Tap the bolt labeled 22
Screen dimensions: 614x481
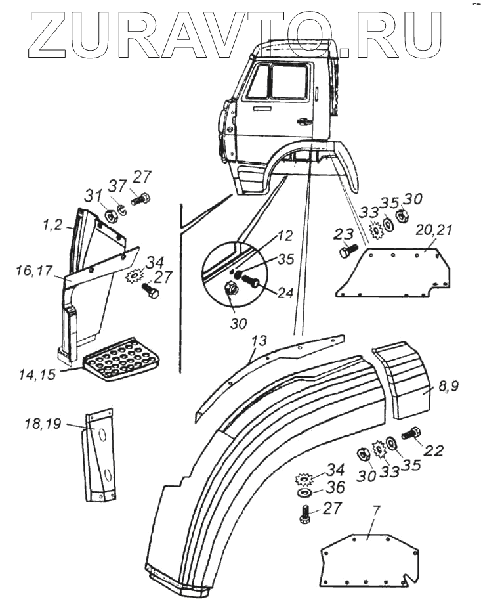pyautogui.click(x=414, y=433)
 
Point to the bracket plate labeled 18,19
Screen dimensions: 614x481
pyautogui.click(x=99, y=454)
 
